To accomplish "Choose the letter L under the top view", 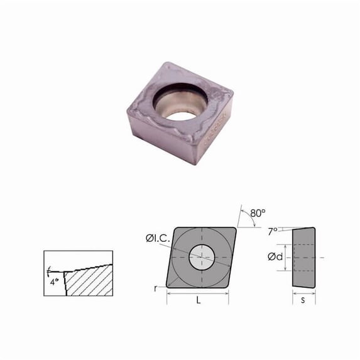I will click(x=198, y=301).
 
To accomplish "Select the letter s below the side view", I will click(x=303, y=301).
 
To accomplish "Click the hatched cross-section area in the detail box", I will click(x=88, y=283).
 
